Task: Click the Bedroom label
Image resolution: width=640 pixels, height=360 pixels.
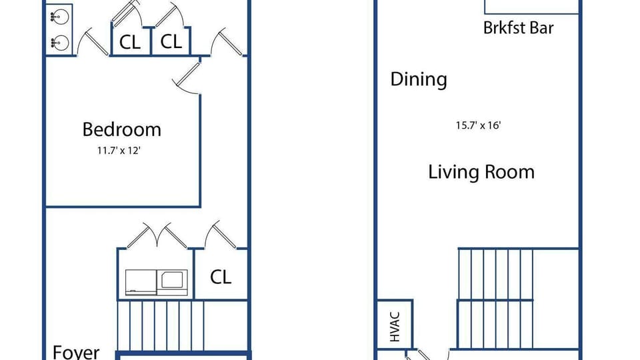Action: coord(121,129)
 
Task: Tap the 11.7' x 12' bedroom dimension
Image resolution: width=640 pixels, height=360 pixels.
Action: coord(119,151)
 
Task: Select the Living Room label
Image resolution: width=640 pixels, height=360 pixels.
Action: coord(481,172)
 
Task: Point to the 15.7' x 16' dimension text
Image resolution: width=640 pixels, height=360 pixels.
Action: coord(478,125)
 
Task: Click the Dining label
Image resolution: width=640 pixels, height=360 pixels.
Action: coord(419,79)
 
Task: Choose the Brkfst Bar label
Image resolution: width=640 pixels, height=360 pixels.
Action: coord(519,28)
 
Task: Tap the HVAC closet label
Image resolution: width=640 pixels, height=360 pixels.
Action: coord(395,327)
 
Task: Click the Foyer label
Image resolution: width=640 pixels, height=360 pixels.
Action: coord(76,352)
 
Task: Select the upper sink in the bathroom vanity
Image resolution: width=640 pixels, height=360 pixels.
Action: coord(59,17)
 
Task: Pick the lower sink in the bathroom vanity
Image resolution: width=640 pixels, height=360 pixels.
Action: coord(59,42)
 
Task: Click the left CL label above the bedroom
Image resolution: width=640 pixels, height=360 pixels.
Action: coord(130,42)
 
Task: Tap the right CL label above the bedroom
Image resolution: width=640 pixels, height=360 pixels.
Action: coord(171,41)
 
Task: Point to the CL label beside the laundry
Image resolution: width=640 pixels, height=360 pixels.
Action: coord(221,277)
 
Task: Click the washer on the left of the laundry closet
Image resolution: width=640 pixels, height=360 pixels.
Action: coord(141,282)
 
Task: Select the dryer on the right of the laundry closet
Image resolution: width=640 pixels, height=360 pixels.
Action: coord(172,282)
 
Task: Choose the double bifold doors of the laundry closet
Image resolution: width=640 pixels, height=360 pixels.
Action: coord(157,236)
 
